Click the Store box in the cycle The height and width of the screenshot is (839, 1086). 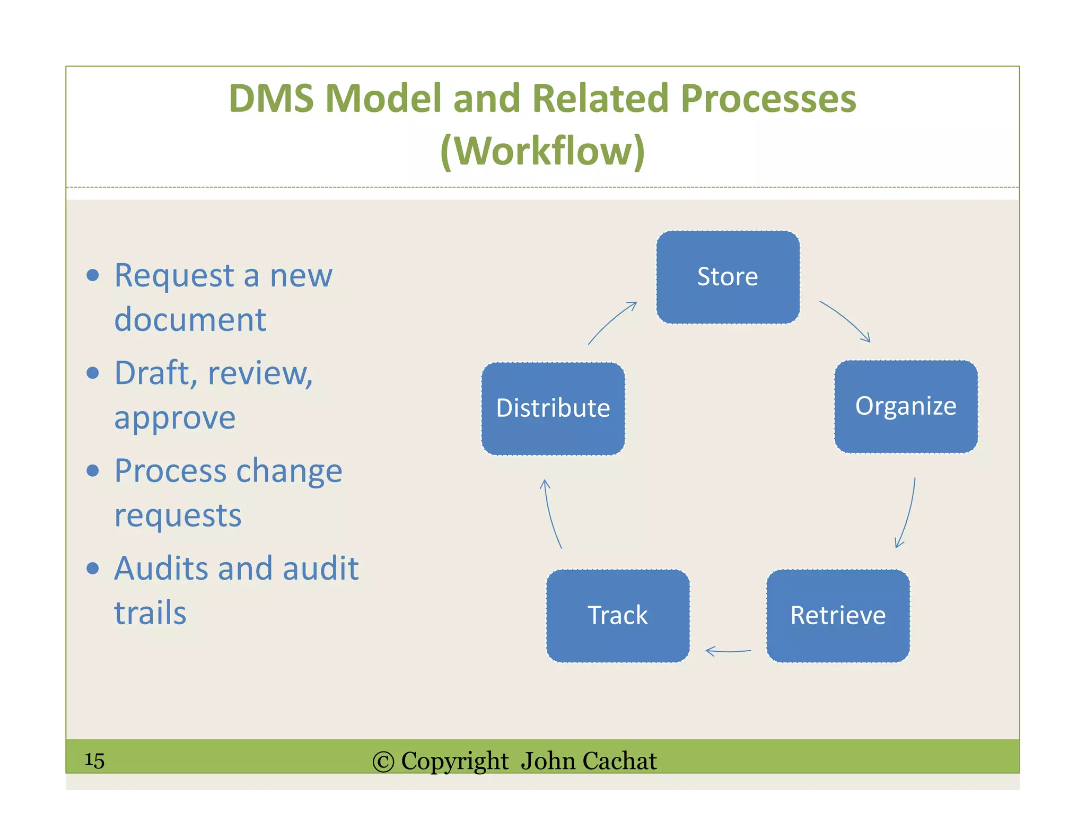[x=728, y=277]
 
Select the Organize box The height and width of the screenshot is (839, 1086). [x=906, y=407]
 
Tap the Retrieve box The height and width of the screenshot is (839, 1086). [x=838, y=616]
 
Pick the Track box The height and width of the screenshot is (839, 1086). [x=618, y=616]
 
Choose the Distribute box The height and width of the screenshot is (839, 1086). [x=553, y=408]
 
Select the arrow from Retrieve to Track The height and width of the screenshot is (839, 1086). [x=728, y=651]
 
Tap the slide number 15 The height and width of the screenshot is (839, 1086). [x=94, y=760]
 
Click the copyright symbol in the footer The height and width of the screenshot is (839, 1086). [x=383, y=762]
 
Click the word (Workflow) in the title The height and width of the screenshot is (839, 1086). [x=542, y=151]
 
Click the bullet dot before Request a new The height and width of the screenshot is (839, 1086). [x=93, y=275]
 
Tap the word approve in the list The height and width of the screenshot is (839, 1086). [x=175, y=418]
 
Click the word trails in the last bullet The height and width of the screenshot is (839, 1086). [x=150, y=613]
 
